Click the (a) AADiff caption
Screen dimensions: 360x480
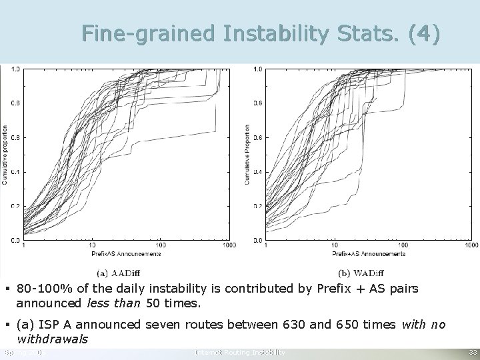(118, 272)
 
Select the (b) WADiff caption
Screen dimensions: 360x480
(361, 272)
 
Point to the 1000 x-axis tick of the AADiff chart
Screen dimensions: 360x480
(228, 245)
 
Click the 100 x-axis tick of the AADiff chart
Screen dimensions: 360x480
(161, 245)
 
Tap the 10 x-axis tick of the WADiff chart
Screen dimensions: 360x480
(334, 245)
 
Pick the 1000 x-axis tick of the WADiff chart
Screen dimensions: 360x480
(471, 245)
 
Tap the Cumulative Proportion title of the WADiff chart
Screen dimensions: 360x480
(249, 154)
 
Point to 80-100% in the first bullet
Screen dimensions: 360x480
(40, 289)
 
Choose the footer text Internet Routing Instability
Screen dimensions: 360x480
(240, 351)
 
